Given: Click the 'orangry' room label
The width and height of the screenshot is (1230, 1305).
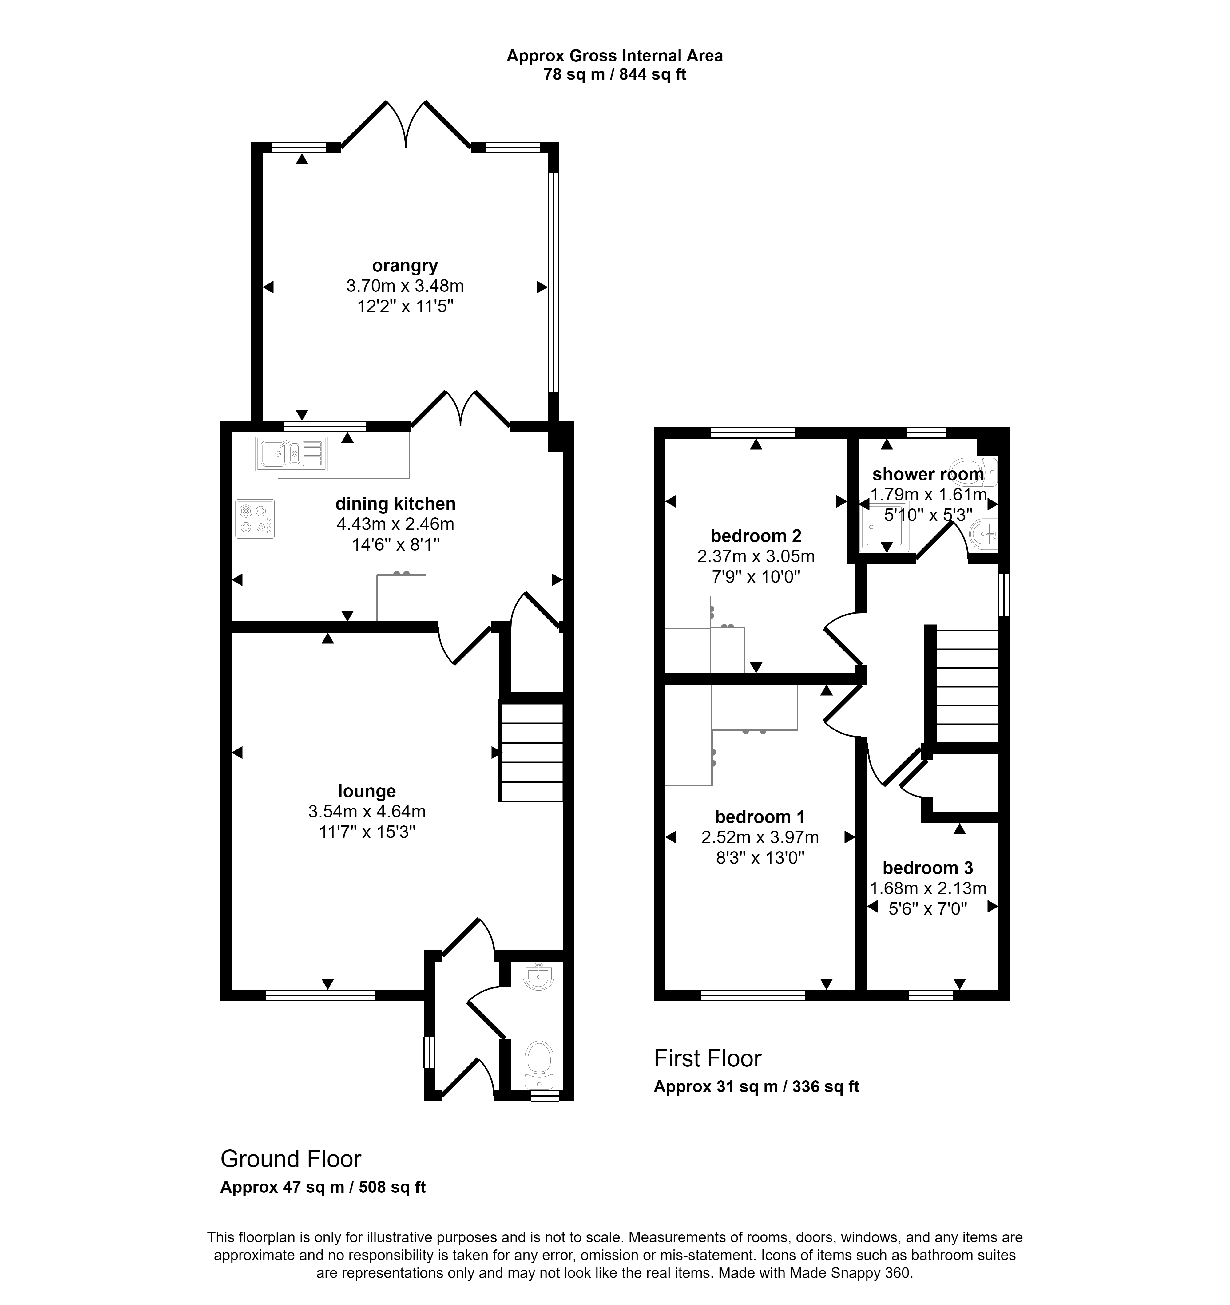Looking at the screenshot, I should click(405, 266).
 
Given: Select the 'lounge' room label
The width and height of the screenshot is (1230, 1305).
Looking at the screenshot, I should click(367, 791).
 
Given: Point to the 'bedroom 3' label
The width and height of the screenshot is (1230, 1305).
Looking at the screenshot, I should click(927, 868).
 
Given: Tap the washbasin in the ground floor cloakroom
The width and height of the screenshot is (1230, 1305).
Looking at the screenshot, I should click(540, 976).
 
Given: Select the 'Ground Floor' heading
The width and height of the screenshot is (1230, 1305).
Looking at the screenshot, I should click(290, 1159).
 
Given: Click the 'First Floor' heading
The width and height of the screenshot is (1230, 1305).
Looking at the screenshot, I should click(707, 1058).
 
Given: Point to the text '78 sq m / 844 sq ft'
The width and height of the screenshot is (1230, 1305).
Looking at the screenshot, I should click(615, 75).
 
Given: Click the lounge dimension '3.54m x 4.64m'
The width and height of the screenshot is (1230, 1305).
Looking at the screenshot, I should click(367, 811).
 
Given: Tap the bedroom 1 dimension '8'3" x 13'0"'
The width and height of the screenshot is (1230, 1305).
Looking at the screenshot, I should click(760, 858).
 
